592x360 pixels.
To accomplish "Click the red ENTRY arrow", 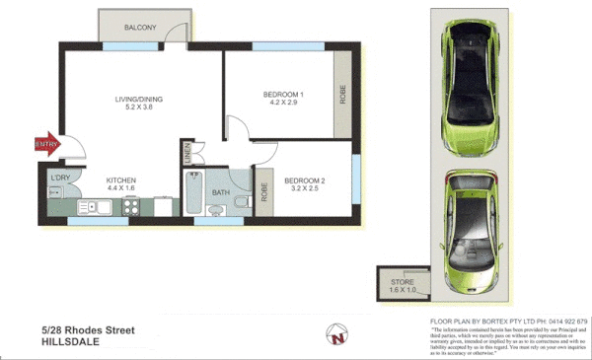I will (46, 144).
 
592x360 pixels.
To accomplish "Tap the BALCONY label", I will (140, 28).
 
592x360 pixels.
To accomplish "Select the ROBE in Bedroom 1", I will (342, 96).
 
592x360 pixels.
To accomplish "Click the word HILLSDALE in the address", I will (75, 342).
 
